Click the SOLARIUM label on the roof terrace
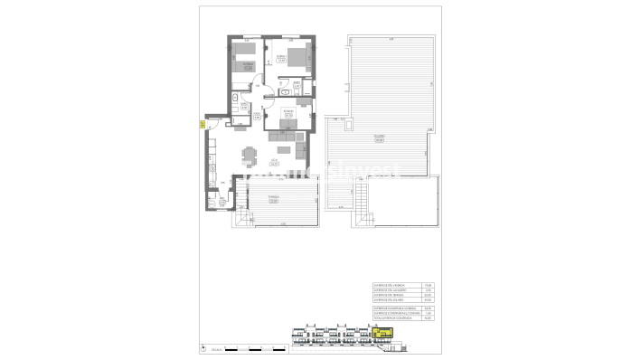tap(379, 138)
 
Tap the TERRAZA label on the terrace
tap(273, 199)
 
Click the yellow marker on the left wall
tap(201, 125)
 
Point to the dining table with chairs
tap(249, 155)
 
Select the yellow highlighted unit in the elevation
tap(383, 336)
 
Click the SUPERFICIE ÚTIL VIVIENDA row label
tap(391, 284)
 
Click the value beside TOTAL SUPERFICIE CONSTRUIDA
tap(429, 319)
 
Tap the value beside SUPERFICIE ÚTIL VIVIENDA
tap(429, 284)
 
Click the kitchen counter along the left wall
tap(210, 163)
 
